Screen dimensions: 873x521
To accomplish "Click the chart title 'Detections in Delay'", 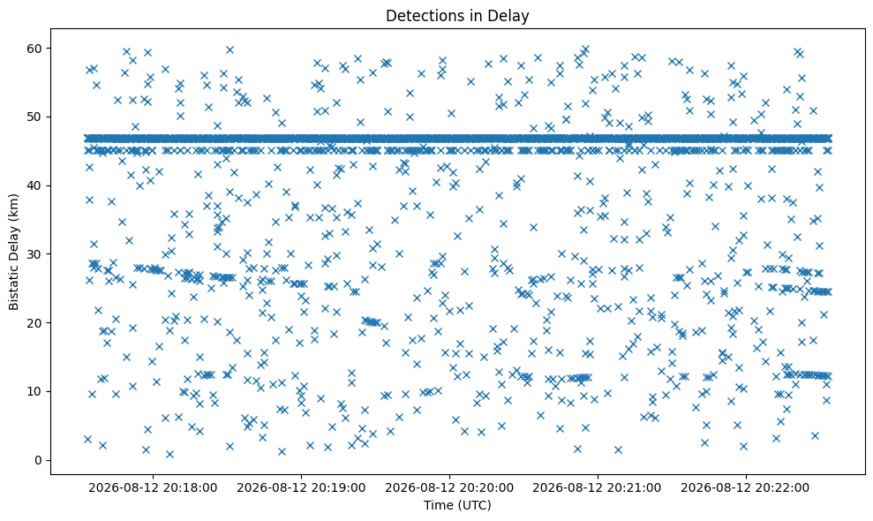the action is point(457,16).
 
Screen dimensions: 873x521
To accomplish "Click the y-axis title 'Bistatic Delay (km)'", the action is point(13,252).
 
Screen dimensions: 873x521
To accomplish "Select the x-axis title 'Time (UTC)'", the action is point(457,505).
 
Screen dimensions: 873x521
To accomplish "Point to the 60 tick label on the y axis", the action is point(35,49).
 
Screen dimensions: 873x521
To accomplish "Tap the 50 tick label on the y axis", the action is point(35,117).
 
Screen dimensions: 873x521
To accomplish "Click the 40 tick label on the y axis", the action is point(35,185).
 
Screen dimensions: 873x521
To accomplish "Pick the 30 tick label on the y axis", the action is point(35,254).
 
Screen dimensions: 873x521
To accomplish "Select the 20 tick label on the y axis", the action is point(35,322).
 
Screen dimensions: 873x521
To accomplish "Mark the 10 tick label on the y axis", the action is point(35,392).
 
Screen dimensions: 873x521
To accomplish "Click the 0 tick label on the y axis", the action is point(39,460).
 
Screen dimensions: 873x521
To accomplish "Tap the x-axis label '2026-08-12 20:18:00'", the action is point(153,488).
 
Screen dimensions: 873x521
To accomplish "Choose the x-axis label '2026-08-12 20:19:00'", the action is point(301,488).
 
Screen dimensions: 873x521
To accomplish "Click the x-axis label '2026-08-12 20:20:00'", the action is point(449,488).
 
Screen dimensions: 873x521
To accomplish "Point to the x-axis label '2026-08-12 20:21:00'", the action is point(598,488).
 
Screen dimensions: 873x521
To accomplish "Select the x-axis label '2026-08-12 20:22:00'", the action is point(746,488).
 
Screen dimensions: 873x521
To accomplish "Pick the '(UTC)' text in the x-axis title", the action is point(474,505).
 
